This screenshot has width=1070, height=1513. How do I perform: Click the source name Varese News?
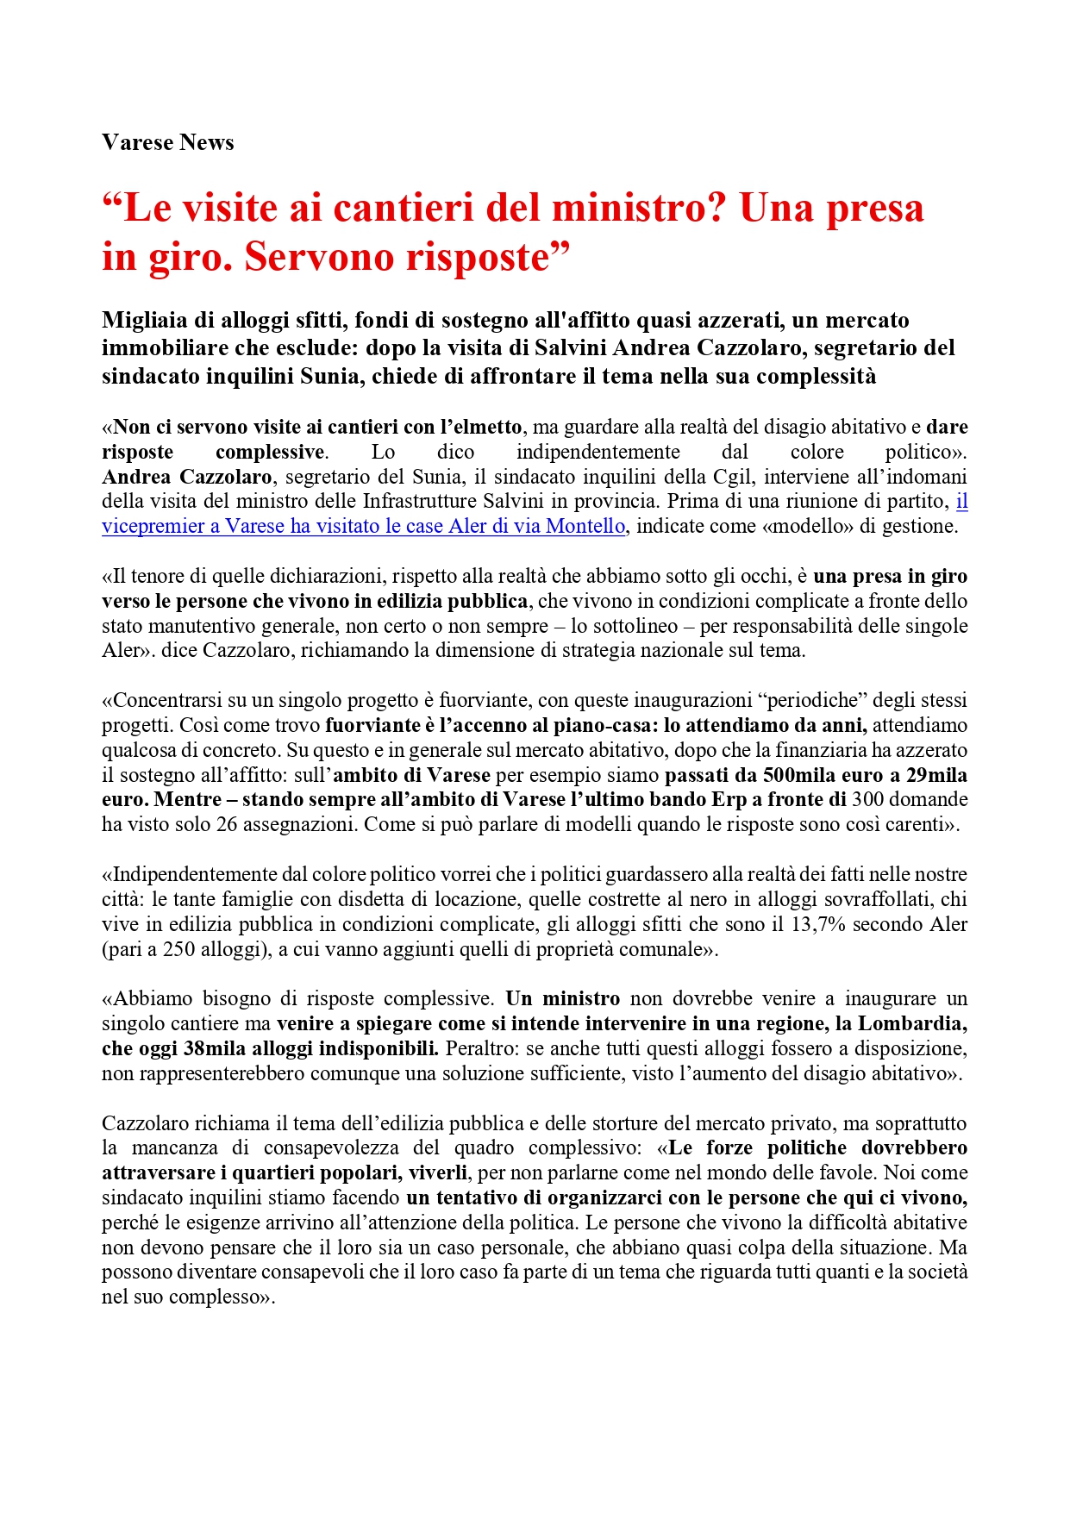point(167,142)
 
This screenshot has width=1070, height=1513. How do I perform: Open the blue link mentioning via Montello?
point(363,527)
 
